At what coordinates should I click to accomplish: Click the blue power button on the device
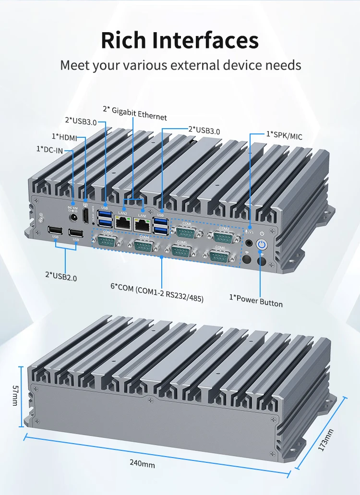pos(261,244)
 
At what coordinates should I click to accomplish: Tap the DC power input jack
pos(74,217)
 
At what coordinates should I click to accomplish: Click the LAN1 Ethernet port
pos(142,222)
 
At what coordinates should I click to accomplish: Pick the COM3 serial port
pos(108,240)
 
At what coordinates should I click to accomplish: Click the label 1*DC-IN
pos(49,150)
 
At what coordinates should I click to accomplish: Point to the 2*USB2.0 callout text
pos(61,276)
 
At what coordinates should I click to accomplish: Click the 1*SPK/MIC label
pos(285,136)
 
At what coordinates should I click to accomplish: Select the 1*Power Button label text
pos(256,301)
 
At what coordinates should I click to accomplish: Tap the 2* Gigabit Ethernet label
pos(135,113)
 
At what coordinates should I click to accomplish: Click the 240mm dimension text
pos(142,464)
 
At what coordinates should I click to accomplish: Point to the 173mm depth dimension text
pos(326,440)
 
